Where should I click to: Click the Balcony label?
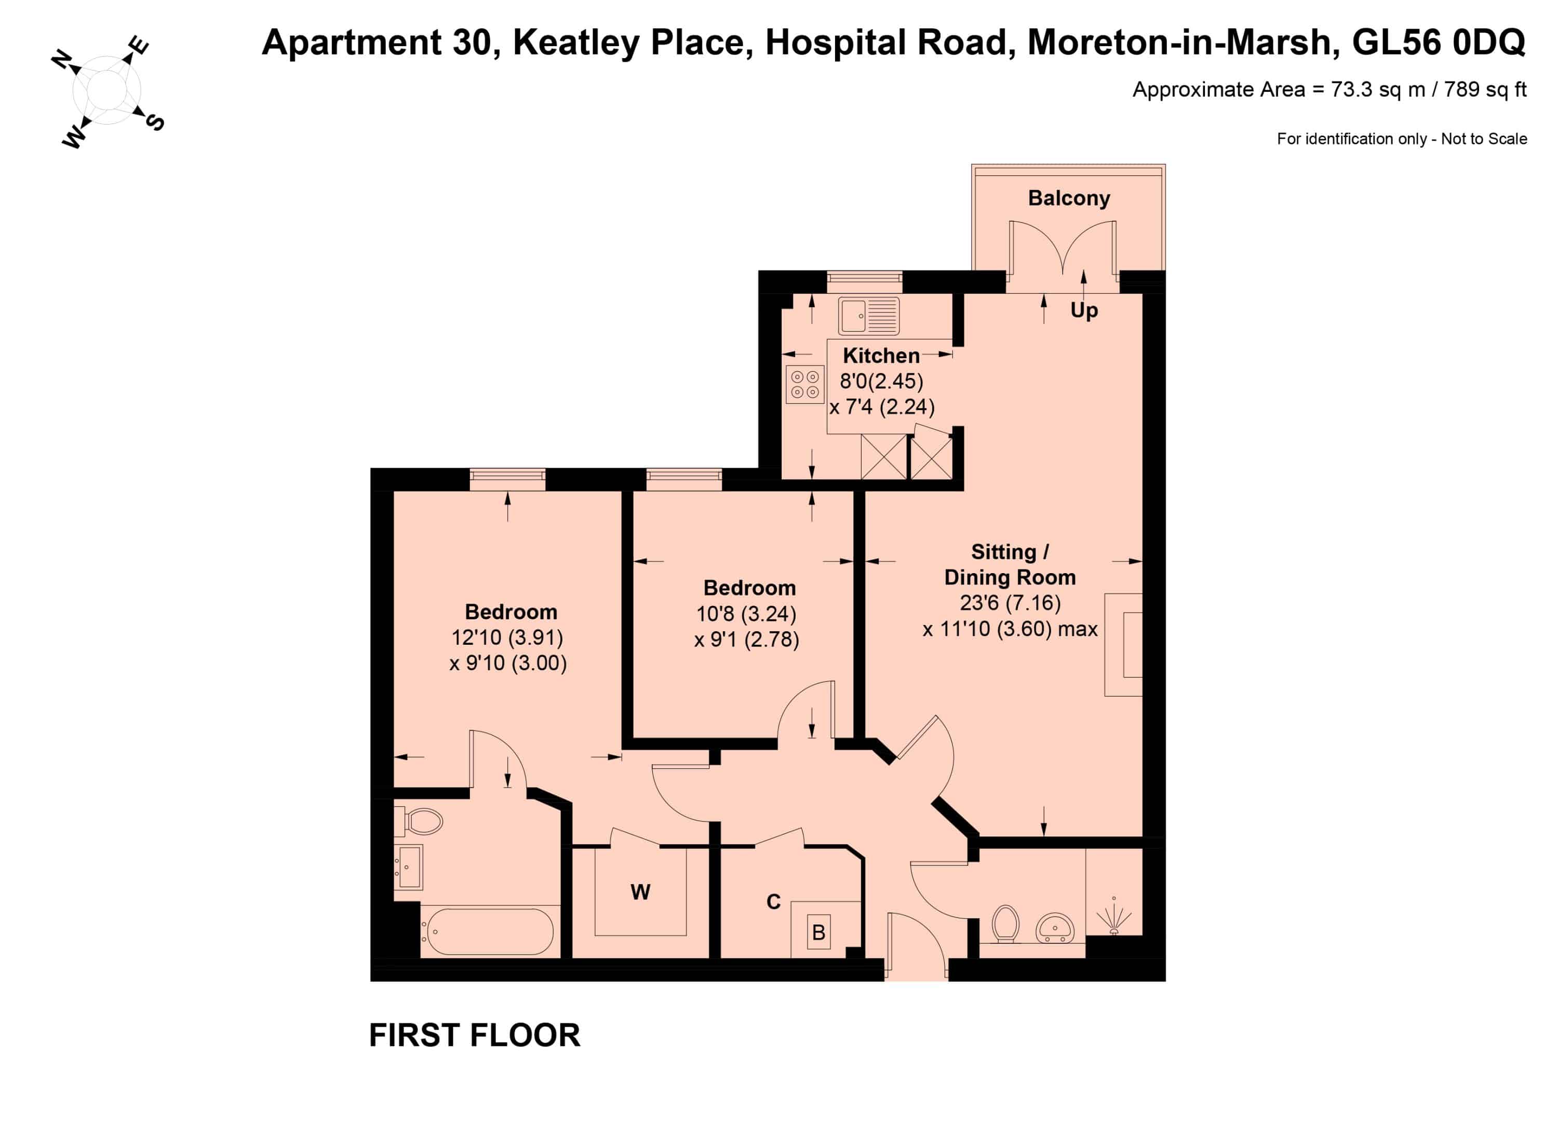[x=1069, y=198]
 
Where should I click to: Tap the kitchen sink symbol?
[x=868, y=316]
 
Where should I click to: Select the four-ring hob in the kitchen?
[x=805, y=384]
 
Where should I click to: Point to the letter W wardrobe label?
[x=640, y=892]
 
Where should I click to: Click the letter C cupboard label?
[x=773, y=902]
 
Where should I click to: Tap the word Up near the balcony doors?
[x=1084, y=310]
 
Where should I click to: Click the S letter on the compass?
[x=156, y=122]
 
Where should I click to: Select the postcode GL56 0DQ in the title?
[x=1439, y=43]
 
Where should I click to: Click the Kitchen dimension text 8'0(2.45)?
[x=881, y=381]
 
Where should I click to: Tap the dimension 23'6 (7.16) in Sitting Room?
[x=1010, y=603]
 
